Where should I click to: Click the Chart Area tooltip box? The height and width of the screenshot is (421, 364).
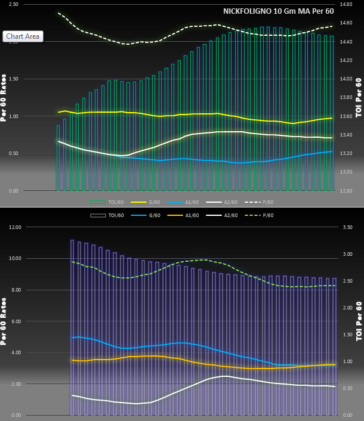(x=23, y=36)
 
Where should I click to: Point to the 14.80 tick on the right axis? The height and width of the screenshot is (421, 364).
(x=346, y=4)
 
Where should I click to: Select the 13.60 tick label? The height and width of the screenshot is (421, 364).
(x=346, y=116)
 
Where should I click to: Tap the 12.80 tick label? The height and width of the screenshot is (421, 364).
(x=346, y=191)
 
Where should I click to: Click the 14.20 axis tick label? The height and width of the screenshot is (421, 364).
(x=346, y=60)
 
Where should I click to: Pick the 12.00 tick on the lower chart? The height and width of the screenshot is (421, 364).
(x=13, y=227)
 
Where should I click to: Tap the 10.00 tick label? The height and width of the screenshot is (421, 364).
(x=13, y=259)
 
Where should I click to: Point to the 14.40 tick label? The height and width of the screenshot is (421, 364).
(x=346, y=42)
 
